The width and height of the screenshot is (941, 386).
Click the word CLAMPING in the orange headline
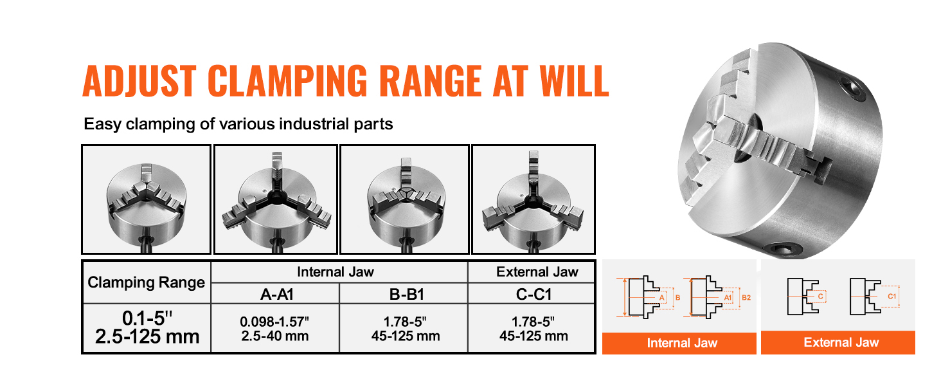point(288,80)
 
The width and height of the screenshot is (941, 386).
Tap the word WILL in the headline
point(574,80)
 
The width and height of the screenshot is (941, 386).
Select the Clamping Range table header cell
point(146,282)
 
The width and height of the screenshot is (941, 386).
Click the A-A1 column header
point(276,294)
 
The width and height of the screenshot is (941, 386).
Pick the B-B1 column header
point(406,294)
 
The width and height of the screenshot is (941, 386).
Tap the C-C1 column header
point(533,294)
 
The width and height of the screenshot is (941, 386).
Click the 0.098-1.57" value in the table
point(274,322)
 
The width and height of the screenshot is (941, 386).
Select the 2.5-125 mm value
point(147,336)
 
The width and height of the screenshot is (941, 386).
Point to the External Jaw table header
point(537,271)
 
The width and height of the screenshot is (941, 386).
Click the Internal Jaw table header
point(336,271)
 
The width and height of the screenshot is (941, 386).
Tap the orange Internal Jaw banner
point(679,343)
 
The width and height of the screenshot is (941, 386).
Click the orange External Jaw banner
point(838,342)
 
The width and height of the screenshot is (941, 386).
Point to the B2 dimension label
point(746,298)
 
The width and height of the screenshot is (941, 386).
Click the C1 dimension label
point(892,297)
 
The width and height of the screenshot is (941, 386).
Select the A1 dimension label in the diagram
point(728,298)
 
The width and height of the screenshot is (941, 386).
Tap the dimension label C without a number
point(820,297)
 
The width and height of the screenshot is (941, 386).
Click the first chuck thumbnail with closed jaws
point(146,199)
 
